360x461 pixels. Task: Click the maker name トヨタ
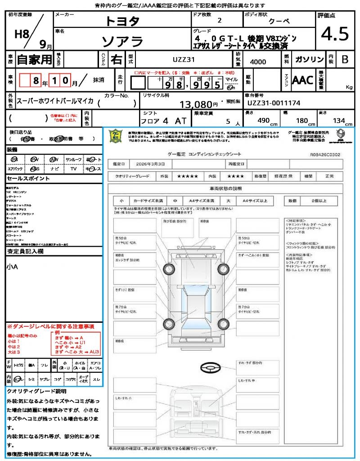122,21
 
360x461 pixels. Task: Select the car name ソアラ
122,41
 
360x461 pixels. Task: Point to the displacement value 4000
258,62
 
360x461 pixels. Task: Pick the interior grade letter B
345,59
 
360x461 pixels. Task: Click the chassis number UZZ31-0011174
274,103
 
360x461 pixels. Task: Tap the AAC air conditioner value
302,80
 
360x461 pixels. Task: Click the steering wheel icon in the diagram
211,368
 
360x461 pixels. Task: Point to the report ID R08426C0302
325,154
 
